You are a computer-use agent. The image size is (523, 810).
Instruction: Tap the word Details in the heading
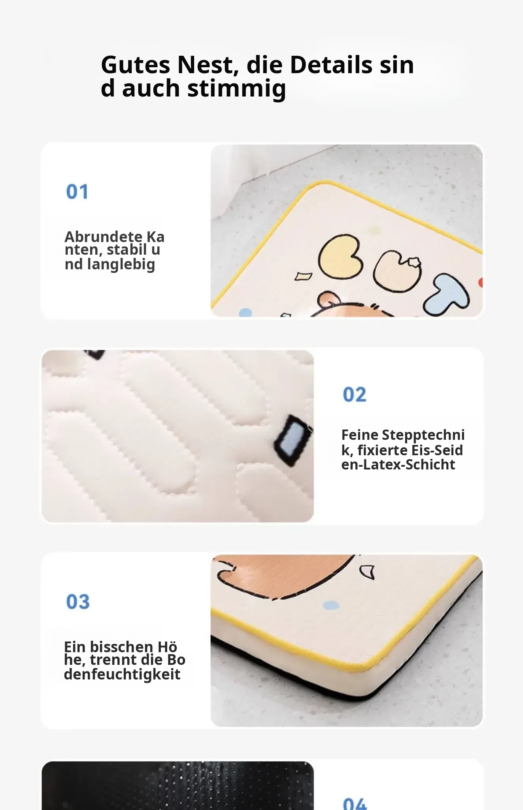pyautogui.click(x=331, y=64)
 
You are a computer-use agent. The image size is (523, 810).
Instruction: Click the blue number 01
pyautogui.click(x=77, y=192)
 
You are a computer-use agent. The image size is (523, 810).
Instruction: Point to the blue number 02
pyautogui.click(x=355, y=395)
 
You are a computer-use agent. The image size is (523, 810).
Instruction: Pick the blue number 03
pyautogui.click(x=78, y=602)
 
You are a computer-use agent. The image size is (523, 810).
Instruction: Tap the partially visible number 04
pyautogui.click(x=355, y=804)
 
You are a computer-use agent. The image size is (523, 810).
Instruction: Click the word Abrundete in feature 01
pyautogui.click(x=104, y=237)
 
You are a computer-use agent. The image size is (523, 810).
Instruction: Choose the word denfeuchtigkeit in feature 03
pyautogui.click(x=122, y=674)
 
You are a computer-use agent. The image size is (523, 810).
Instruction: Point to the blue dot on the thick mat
pyautogui.click(x=331, y=605)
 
